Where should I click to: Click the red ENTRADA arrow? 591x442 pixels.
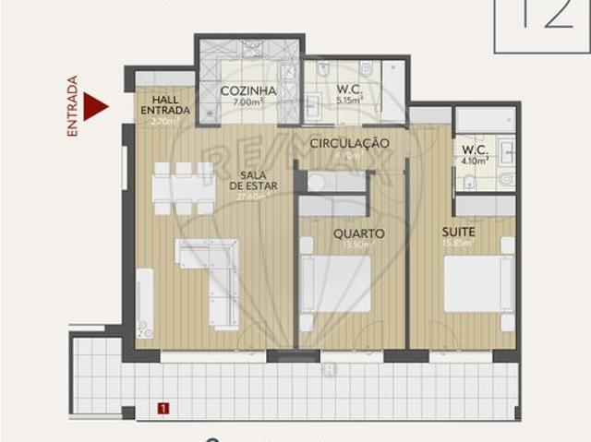coord(94,106)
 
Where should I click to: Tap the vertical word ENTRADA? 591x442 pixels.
coord(73,107)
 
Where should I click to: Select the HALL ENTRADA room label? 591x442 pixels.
coord(165,105)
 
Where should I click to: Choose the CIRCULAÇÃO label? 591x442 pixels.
coord(349,144)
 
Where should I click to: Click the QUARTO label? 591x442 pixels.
coord(358,233)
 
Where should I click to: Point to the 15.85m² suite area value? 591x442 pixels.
coord(459,244)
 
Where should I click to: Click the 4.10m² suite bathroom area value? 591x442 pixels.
coord(475,160)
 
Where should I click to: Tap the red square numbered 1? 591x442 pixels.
coord(163,406)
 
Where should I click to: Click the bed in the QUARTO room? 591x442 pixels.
coord(335,282)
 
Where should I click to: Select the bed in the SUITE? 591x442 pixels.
coord(479,282)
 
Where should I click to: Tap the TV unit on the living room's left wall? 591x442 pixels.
coord(145,303)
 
